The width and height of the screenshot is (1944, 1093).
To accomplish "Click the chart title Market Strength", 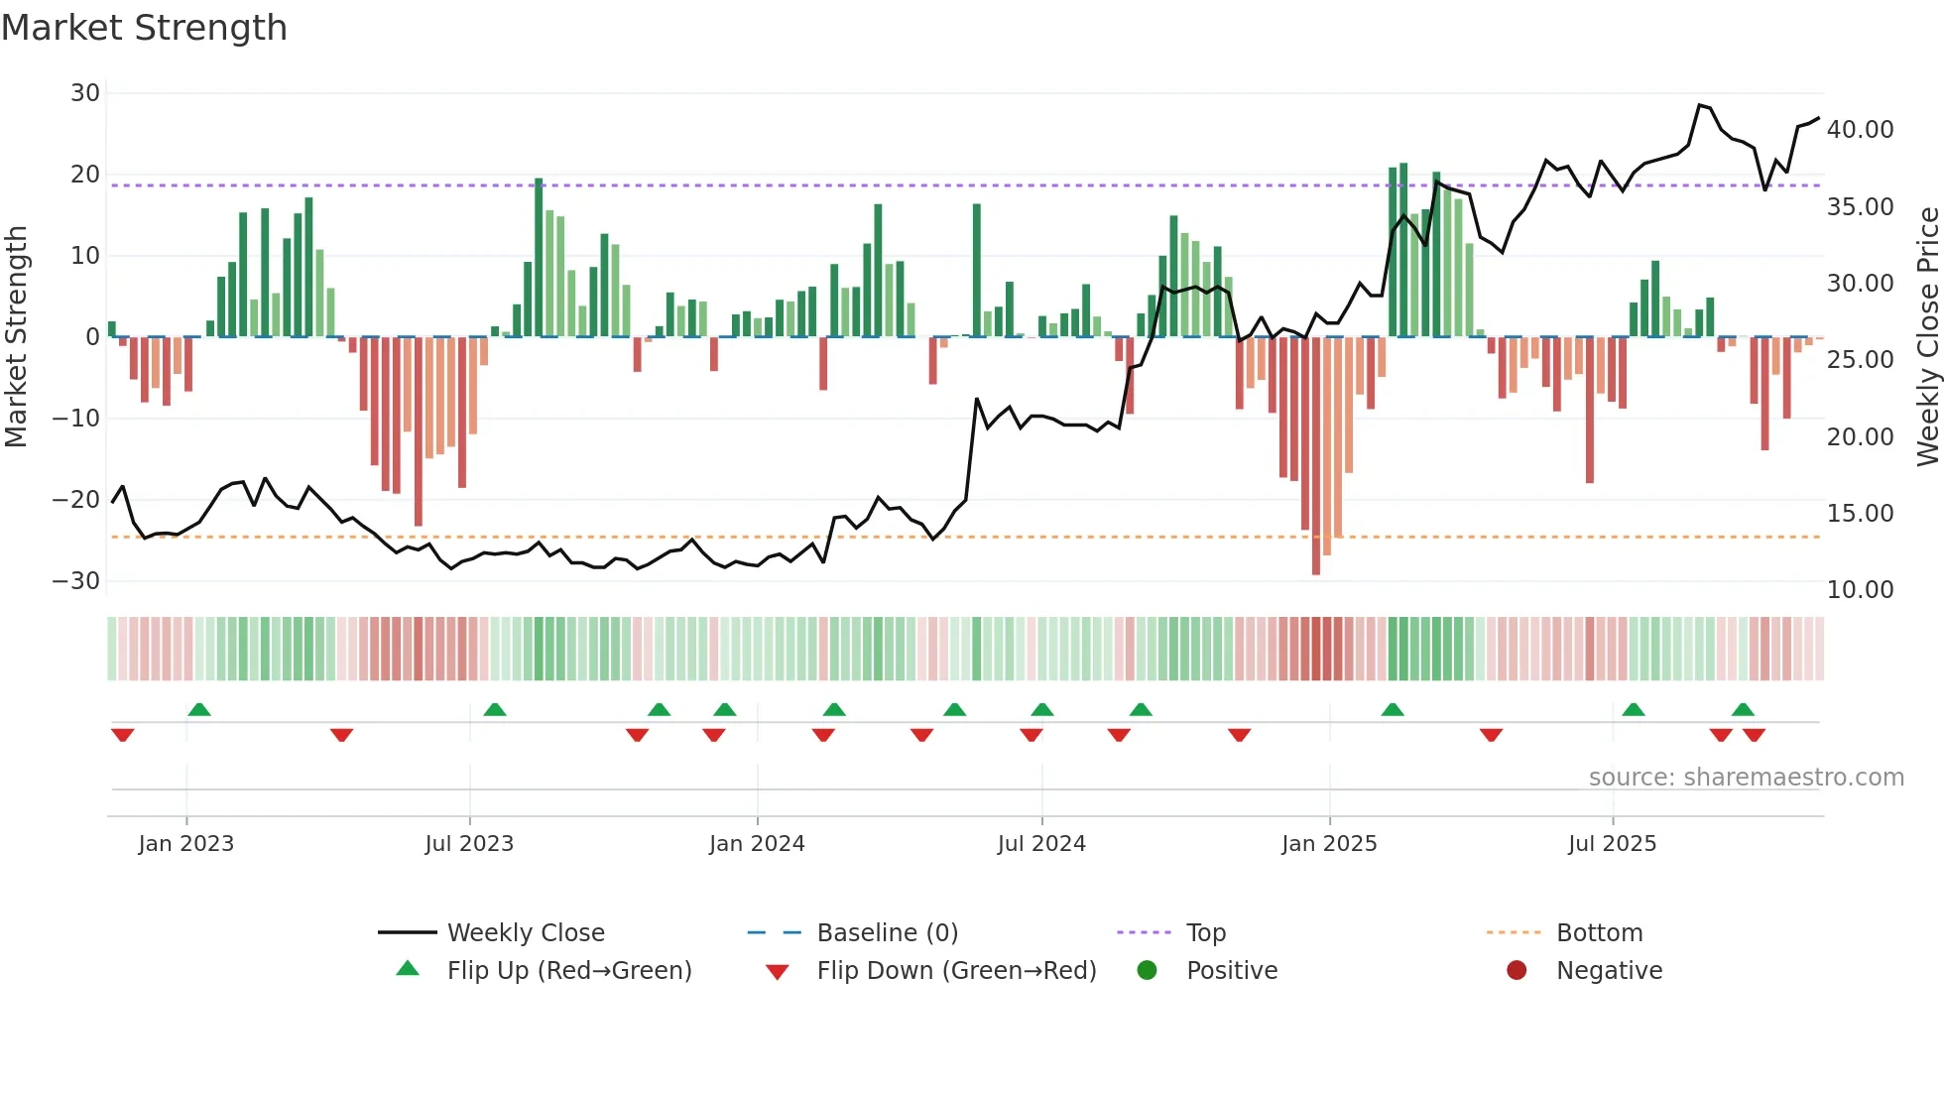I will click(144, 28).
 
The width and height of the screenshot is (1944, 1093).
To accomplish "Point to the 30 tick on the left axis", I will click(85, 93).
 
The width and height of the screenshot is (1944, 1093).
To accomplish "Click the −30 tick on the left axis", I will click(76, 581).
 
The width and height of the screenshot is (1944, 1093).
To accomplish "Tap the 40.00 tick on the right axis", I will click(1860, 130).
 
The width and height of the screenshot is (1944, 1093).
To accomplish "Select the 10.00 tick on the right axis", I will click(1860, 590).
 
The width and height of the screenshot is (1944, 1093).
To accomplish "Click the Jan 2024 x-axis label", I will click(757, 844).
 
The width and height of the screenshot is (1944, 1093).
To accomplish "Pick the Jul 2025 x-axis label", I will click(1612, 844).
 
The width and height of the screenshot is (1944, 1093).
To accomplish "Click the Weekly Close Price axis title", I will click(1927, 337).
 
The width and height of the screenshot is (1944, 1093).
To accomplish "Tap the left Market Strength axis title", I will click(17, 337).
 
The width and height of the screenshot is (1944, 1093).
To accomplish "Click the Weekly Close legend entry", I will click(525, 933).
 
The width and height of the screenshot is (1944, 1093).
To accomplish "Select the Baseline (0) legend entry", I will click(887, 933).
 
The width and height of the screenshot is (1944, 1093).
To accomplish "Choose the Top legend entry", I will click(1205, 933).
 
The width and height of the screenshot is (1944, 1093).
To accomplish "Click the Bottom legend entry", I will click(1599, 933).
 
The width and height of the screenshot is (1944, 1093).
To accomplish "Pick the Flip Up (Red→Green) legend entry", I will click(568, 971).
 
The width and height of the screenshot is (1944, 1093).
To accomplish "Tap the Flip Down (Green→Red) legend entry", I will click(956, 971).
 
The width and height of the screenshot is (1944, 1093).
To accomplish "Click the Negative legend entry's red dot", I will click(1517, 971).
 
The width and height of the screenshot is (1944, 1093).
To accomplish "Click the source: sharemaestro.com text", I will click(1746, 778).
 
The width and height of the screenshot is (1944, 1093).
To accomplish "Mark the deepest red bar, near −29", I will click(1316, 456).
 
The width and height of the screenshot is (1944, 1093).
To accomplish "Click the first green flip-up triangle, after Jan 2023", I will click(199, 709).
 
